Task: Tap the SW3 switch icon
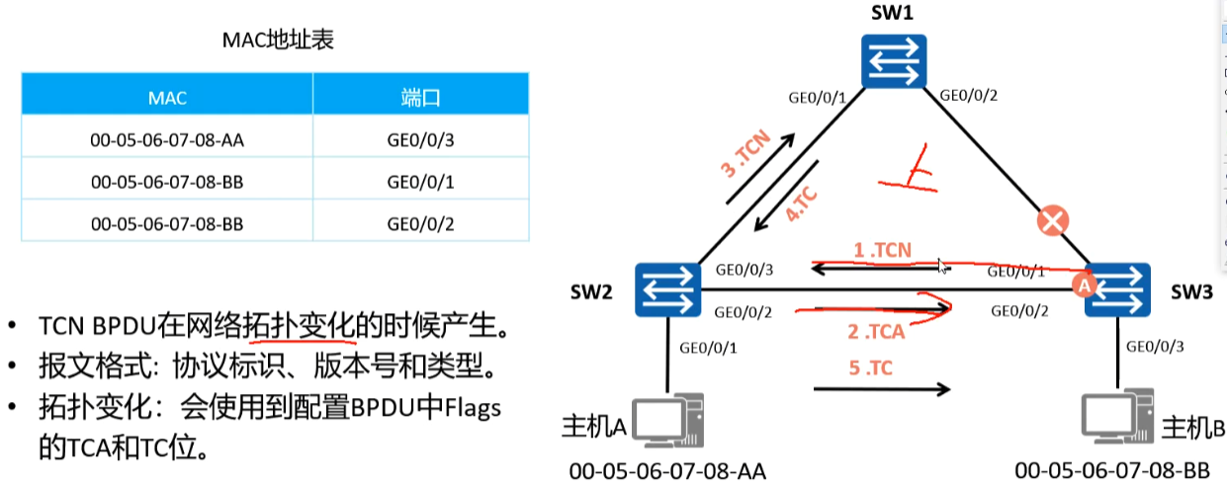(1117, 289)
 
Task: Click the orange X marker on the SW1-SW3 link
(1052, 220)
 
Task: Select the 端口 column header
(420, 98)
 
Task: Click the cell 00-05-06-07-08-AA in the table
(167, 139)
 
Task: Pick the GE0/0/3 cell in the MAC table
(420, 139)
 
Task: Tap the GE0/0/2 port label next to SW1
(968, 96)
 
